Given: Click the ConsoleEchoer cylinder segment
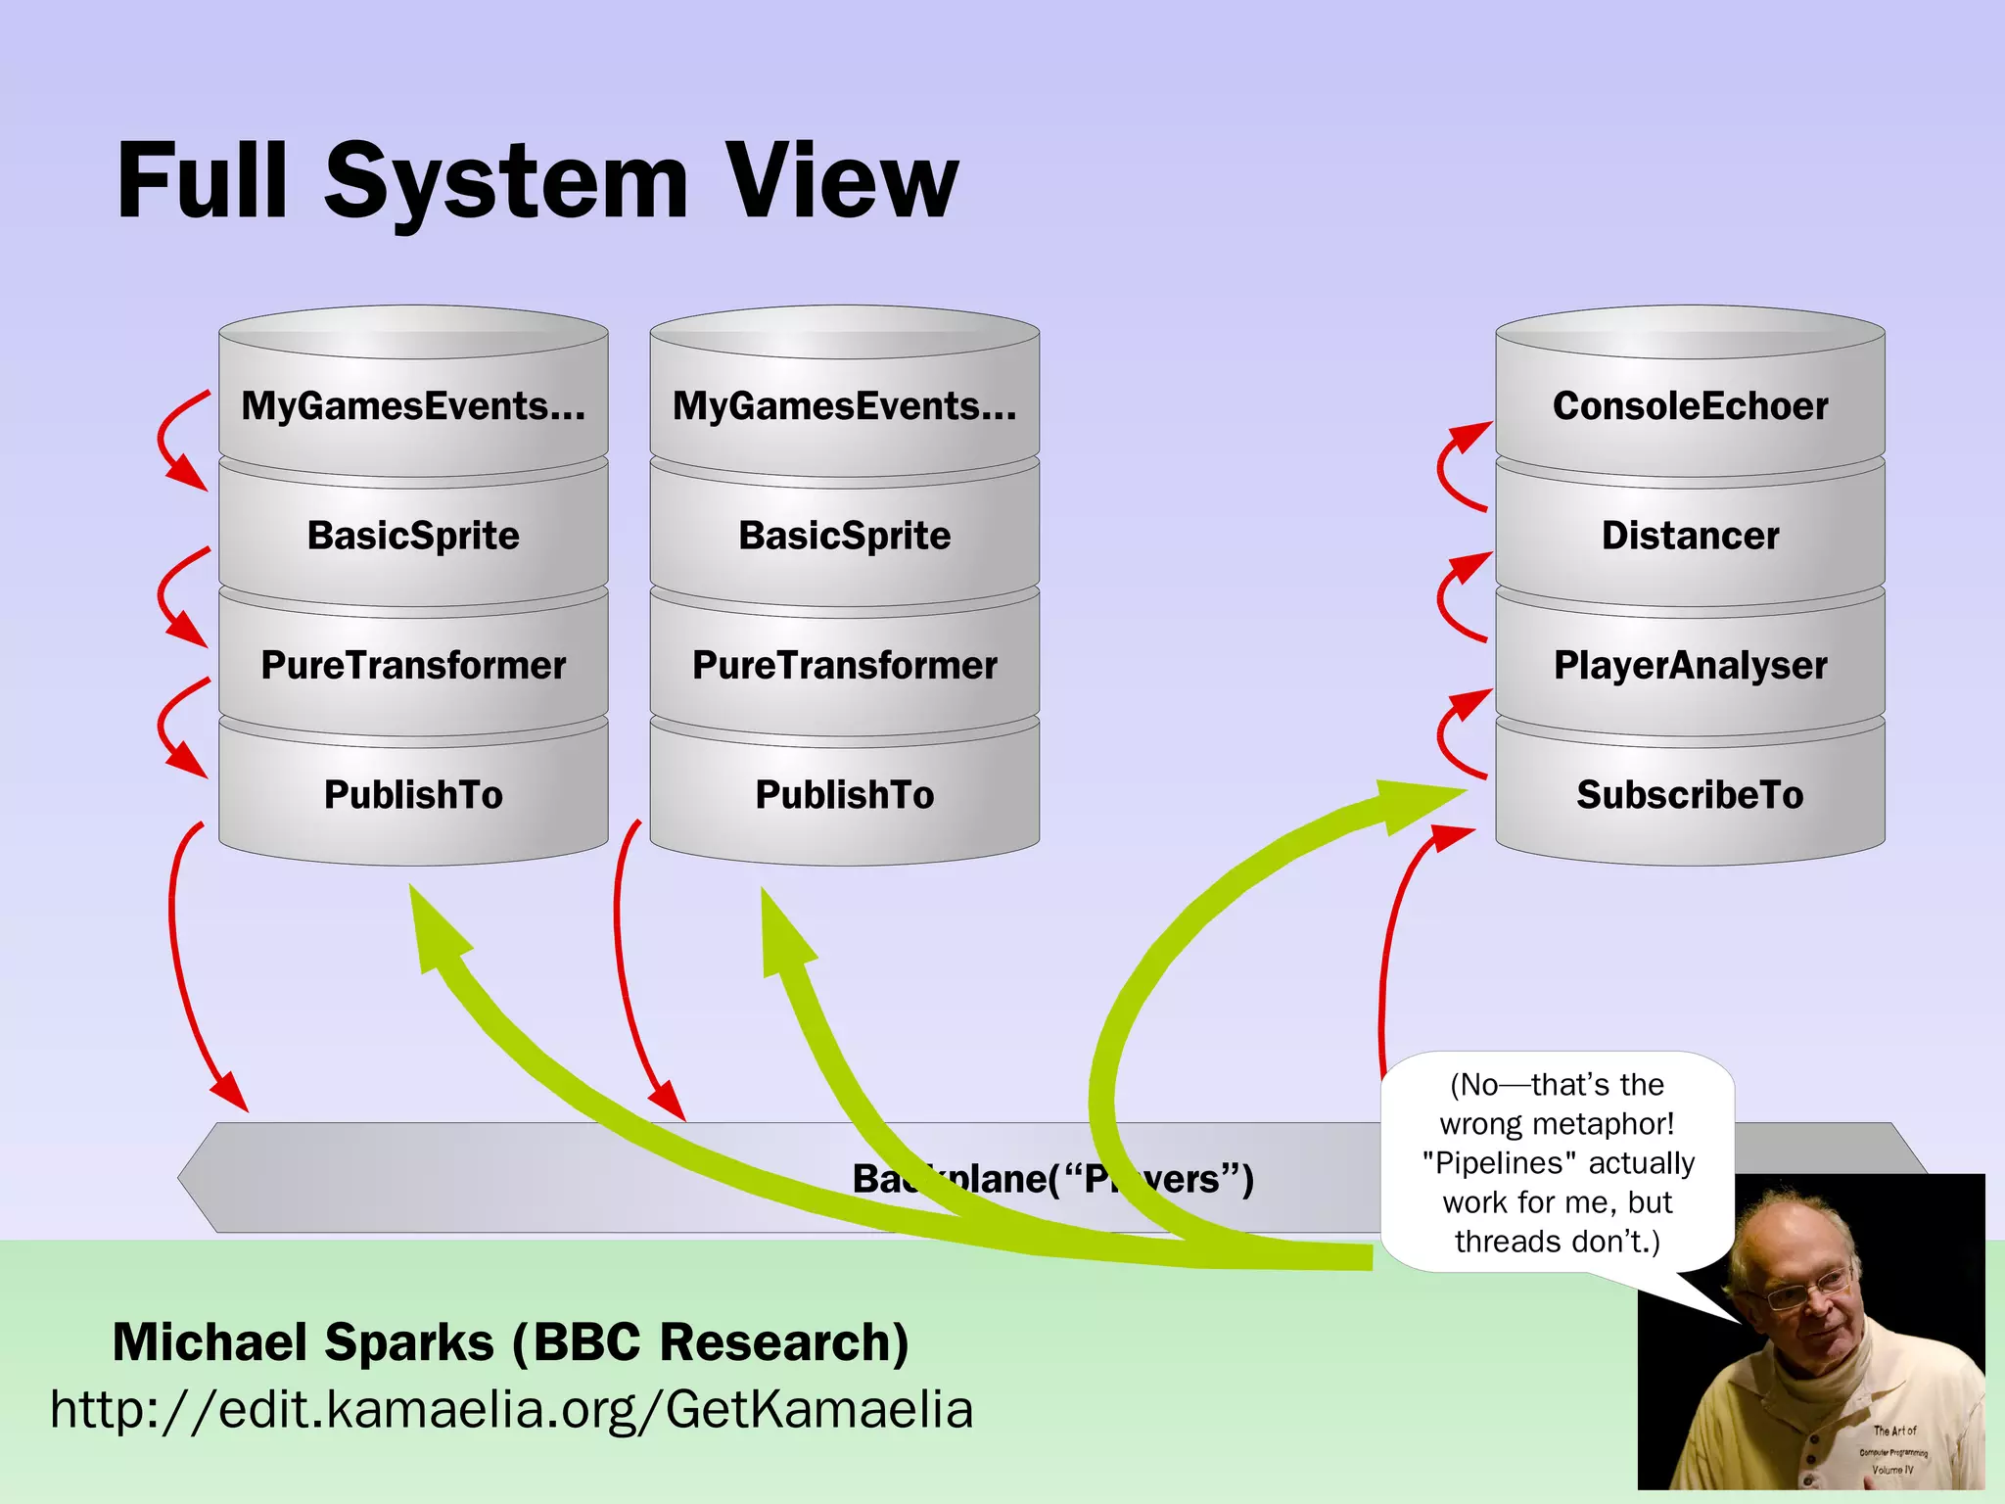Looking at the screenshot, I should pos(1690,406).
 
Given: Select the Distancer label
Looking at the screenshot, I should pos(1690,536).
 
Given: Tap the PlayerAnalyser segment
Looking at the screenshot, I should pos(1690,666).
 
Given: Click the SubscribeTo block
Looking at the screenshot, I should pos(1690,795).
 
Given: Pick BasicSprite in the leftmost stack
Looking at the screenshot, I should pos(413,536).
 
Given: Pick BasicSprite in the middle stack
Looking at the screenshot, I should pos(844,536).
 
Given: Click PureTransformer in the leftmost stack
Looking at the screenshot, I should pos(413,666).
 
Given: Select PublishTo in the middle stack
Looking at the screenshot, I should pos(844,795).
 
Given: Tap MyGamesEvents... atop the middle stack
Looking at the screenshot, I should pos(844,406).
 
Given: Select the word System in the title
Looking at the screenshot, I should pos(506,181).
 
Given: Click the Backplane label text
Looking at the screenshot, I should pos(1052,1178).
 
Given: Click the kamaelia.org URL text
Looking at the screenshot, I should pos(511,1410).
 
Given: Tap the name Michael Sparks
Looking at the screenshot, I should pos(303,1341).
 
